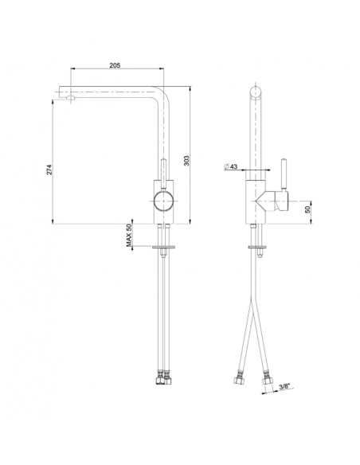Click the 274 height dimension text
click(x=49, y=170)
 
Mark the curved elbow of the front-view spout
click(x=159, y=96)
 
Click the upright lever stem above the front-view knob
click(x=162, y=170)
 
